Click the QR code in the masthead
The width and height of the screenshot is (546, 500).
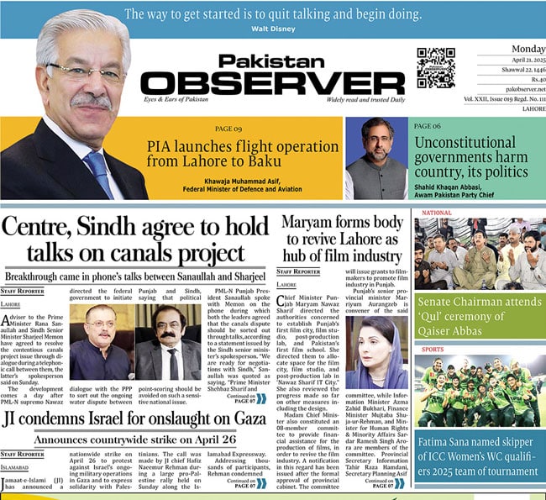pyautogui.click(x=437, y=67)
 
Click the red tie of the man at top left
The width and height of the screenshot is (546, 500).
pyautogui.click(x=98, y=171)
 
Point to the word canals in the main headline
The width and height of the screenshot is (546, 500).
pyautogui.click(x=157, y=254)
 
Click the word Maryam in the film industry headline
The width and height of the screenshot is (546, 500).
pyautogui.click(x=312, y=223)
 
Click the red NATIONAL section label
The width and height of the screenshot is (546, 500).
pyautogui.click(x=437, y=213)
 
